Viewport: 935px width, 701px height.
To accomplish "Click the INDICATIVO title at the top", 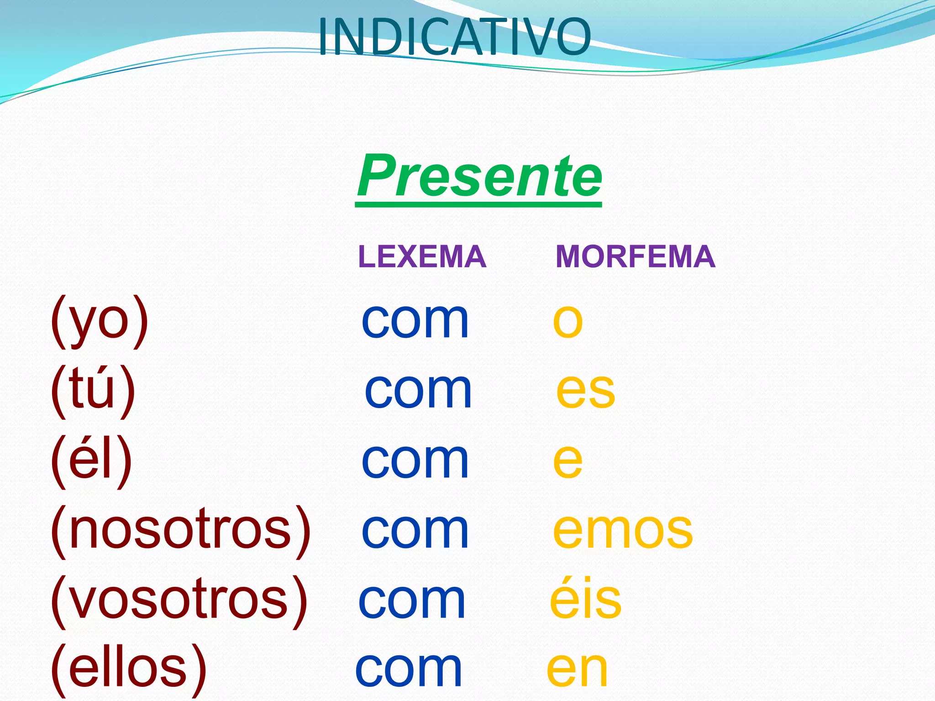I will point(454,37).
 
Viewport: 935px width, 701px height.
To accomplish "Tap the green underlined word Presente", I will point(479,177).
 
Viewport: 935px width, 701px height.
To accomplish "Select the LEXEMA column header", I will point(422,256).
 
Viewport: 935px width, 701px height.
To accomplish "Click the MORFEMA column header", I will point(635,256).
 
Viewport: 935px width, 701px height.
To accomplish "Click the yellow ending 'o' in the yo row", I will point(567,321).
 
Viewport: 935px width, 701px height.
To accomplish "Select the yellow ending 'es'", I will point(586,391).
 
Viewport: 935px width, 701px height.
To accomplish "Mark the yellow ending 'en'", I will point(577,670).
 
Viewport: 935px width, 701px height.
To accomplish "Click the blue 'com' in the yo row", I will point(415,321).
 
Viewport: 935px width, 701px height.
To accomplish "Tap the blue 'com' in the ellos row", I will point(409,670).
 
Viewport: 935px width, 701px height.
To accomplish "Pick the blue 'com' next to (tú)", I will point(418,391).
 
